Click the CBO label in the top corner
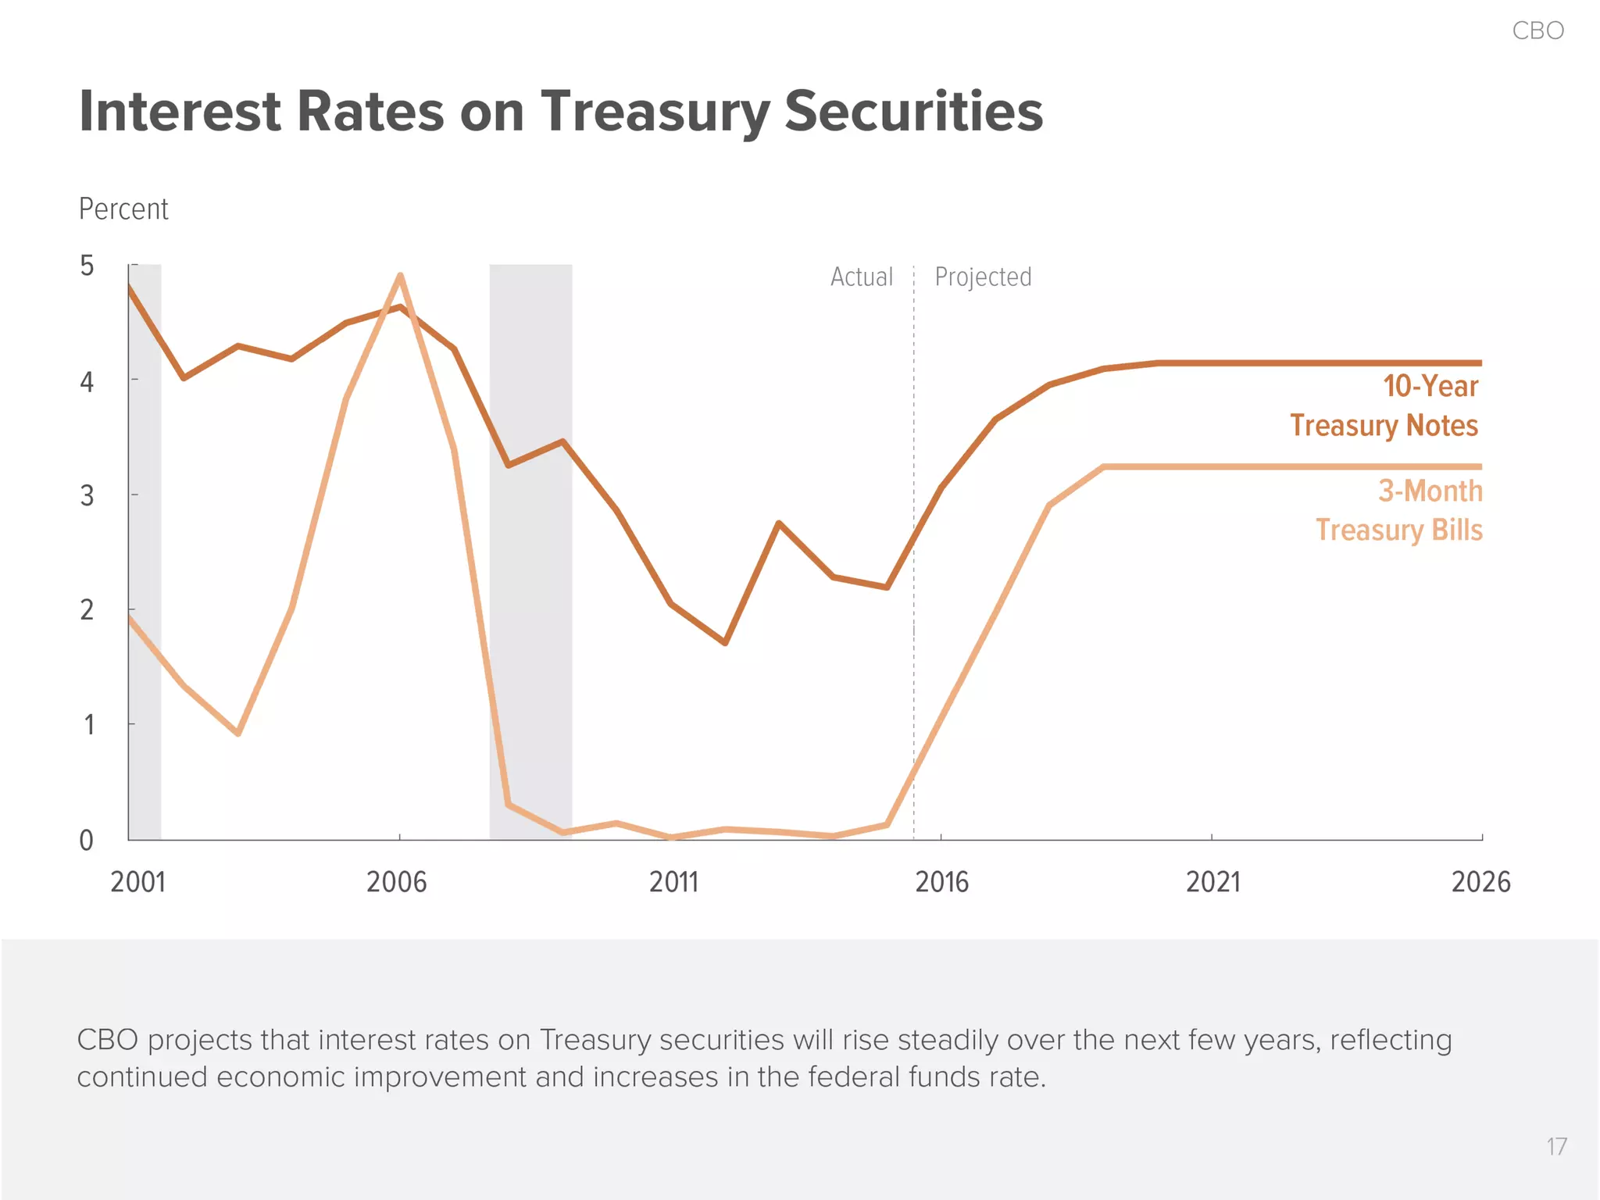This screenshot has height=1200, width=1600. pyautogui.click(x=1537, y=30)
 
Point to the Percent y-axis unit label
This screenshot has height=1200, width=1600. pyautogui.click(x=123, y=209)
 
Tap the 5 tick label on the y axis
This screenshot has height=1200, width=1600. pyautogui.click(x=87, y=266)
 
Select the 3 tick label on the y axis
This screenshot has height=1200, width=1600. pyautogui.click(x=87, y=495)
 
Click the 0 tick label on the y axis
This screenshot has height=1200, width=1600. pyautogui.click(x=87, y=841)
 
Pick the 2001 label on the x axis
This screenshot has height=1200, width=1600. pyautogui.click(x=138, y=882)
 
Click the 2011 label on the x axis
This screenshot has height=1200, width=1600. pyautogui.click(x=673, y=882)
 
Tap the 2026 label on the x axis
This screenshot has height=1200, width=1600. pyautogui.click(x=1480, y=882)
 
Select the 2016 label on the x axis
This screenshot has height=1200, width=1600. pyautogui.click(x=941, y=882)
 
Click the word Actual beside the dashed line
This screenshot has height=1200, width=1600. pyautogui.click(x=861, y=277)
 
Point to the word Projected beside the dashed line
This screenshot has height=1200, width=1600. pyautogui.click(x=983, y=277)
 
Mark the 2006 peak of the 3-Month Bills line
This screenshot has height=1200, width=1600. pyautogui.click(x=400, y=276)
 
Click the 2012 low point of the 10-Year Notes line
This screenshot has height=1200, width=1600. pyautogui.click(x=725, y=642)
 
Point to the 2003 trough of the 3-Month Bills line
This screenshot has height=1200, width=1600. pyautogui.click(x=237, y=733)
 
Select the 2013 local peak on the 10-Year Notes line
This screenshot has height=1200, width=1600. pyautogui.click(x=779, y=523)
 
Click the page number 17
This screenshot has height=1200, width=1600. pyautogui.click(x=1555, y=1146)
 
